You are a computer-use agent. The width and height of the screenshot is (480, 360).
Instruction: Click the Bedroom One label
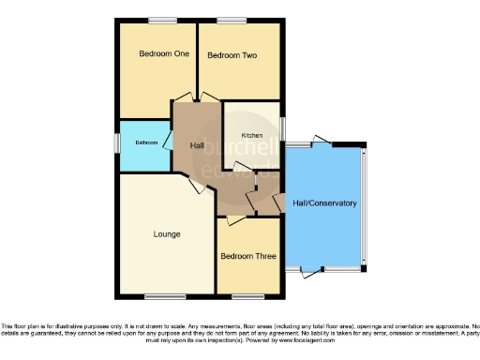[x=164, y=54]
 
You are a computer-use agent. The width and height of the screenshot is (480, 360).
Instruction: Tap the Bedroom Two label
[x=232, y=55]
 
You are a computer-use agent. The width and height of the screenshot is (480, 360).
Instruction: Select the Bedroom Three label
[x=248, y=255]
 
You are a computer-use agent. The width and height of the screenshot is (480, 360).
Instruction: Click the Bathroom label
[x=145, y=142]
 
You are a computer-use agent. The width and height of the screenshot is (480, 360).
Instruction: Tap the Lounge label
[x=167, y=233]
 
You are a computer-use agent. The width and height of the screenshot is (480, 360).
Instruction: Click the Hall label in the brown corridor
[x=197, y=146]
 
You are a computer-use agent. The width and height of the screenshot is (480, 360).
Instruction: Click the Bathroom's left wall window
[x=117, y=143]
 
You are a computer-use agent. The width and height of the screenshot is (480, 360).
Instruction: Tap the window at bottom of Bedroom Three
[x=248, y=296]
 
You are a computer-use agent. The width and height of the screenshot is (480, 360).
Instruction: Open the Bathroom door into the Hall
[x=167, y=141]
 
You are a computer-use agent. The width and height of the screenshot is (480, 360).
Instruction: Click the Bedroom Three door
[x=235, y=219]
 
